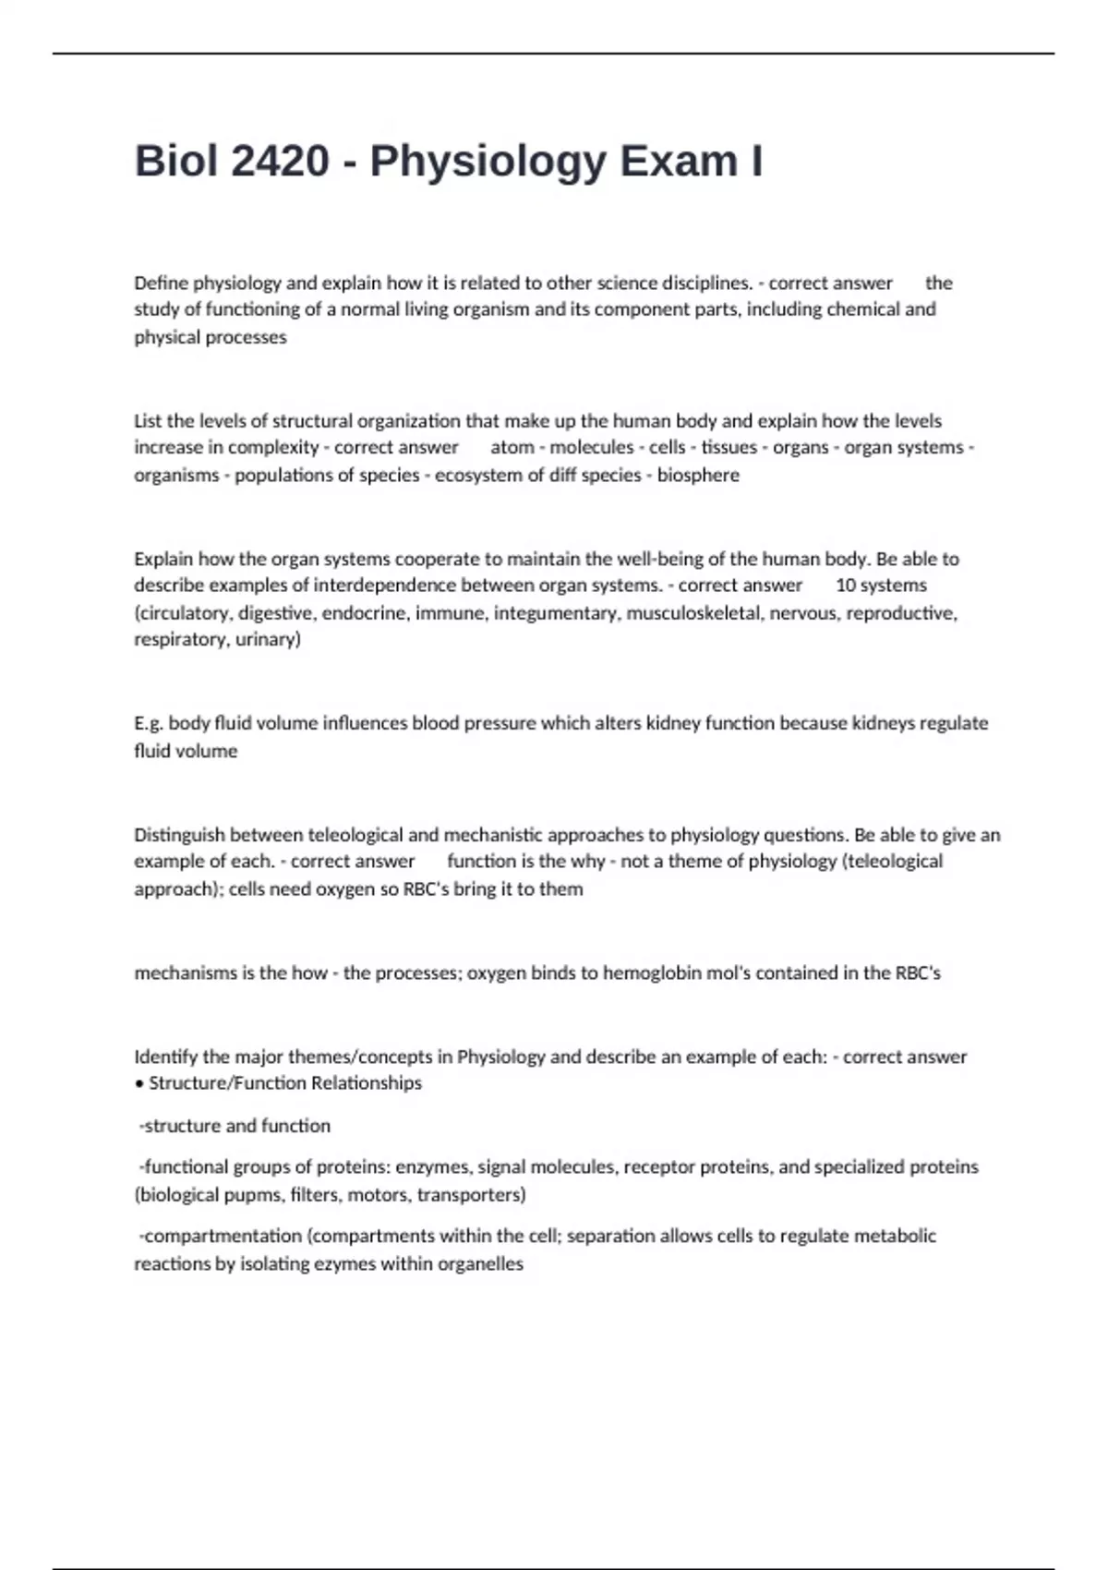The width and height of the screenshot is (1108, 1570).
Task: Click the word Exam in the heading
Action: (x=672, y=162)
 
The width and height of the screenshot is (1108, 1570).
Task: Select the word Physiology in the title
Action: (x=488, y=162)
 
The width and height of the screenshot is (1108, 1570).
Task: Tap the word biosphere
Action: (x=698, y=475)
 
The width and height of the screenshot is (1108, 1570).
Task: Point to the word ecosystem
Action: (x=480, y=475)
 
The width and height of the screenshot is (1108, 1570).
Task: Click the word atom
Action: (x=512, y=447)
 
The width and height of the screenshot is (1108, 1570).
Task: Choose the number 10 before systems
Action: (x=845, y=585)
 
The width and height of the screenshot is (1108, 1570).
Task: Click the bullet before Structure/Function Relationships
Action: (x=138, y=1083)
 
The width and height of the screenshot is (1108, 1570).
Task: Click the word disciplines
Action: (x=706, y=283)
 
